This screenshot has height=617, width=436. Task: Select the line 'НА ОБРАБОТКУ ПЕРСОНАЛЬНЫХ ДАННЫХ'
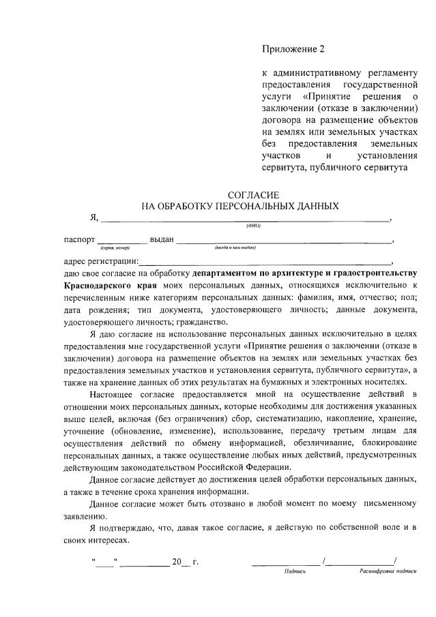click(239, 206)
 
